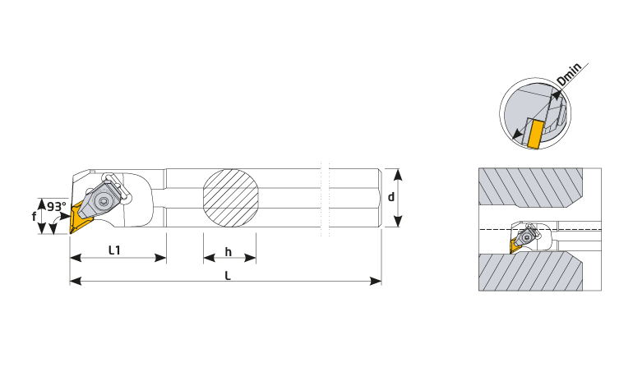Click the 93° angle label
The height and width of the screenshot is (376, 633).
[56, 206]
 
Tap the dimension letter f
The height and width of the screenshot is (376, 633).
[35, 217]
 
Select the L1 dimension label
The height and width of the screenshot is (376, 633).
[114, 250]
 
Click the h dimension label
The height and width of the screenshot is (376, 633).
[228, 252]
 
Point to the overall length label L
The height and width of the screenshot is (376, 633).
[228, 276]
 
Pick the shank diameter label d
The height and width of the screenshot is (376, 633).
[390, 197]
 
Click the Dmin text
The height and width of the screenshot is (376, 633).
[569, 74]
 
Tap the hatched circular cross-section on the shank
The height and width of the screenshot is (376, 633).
[230, 198]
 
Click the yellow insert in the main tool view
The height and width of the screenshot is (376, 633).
[80, 218]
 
